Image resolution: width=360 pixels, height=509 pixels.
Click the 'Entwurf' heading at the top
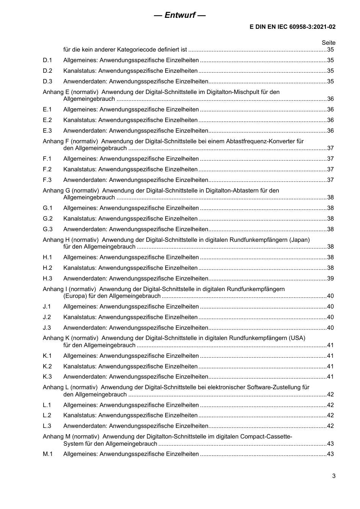[x=180, y=15]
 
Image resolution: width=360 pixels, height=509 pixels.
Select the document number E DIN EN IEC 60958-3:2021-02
[x=292, y=27]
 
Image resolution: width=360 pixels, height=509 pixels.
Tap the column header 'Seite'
[x=328, y=43]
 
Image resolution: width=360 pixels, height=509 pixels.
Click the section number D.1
[x=47, y=60]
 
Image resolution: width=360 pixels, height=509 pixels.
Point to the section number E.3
[x=47, y=131]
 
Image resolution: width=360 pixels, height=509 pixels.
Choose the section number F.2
[x=47, y=169]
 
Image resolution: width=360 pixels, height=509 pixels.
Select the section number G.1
[x=48, y=208]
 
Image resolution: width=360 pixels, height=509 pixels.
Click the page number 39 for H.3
[x=330, y=279]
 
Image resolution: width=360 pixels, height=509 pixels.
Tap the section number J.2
[x=47, y=317]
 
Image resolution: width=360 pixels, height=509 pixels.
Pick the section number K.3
[x=47, y=377]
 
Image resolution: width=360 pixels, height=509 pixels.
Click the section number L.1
[x=47, y=405]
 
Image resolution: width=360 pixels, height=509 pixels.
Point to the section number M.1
[x=48, y=454]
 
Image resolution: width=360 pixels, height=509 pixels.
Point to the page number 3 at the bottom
[x=333, y=476]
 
